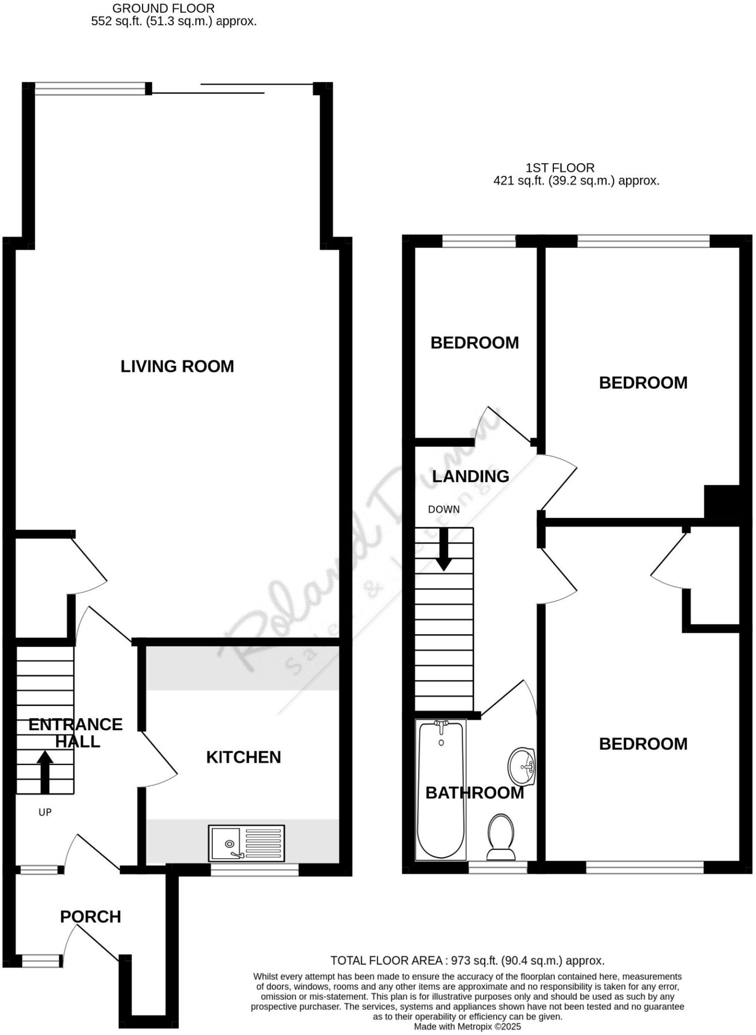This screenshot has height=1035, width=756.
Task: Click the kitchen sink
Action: tap(246, 843)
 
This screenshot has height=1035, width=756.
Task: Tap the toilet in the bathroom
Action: tap(501, 836)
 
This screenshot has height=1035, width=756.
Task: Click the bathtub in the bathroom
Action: tap(441, 788)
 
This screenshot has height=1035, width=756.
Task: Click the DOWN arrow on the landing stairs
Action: tap(444, 550)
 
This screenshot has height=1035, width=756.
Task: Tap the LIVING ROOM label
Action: tap(177, 366)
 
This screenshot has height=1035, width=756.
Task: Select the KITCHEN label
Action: tap(243, 757)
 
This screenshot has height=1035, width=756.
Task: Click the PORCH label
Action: tap(90, 917)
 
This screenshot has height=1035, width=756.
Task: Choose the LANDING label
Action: tap(470, 476)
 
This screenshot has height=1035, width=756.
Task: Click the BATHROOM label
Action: tap(475, 793)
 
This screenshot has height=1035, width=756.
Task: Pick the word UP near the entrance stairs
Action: tap(45, 813)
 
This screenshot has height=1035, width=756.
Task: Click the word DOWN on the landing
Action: tap(444, 509)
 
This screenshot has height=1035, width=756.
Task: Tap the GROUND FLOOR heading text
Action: tap(163, 9)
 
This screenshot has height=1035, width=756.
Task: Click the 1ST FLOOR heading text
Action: tap(559, 168)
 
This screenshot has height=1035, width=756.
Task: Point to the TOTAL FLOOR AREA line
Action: tap(467, 961)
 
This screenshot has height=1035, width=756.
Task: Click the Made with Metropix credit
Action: tap(467, 1027)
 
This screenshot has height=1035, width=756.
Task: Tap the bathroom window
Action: tap(498, 867)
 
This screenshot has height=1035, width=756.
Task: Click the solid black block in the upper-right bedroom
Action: tap(722, 501)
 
